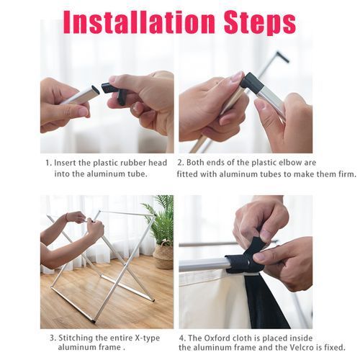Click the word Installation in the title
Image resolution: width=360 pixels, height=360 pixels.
point(139,22)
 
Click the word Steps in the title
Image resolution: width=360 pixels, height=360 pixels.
point(260,24)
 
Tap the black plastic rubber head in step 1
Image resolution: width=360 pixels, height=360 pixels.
point(113,91)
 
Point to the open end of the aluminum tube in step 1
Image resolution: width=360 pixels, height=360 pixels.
point(96,89)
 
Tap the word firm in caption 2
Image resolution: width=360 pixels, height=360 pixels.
point(347,174)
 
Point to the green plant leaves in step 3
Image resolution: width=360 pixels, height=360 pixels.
point(161,217)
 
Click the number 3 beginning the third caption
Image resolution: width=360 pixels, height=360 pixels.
point(53,338)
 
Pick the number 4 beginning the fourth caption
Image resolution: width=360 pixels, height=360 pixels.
point(182,338)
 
